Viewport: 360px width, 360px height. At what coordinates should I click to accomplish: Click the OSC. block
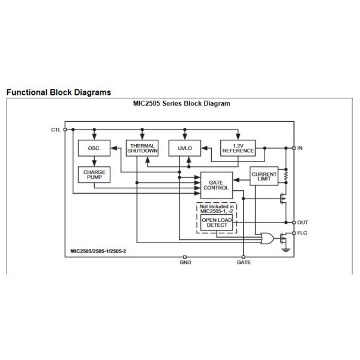[x=94, y=148]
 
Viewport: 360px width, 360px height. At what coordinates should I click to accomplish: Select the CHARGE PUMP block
[x=94, y=175]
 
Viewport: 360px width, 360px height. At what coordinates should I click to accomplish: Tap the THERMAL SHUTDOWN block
[x=142, y=148]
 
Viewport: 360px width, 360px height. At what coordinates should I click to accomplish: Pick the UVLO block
[x=185, y=148]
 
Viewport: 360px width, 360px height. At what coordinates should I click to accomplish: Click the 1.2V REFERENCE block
[x=238, y=148]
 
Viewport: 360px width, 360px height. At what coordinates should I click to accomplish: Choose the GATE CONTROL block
[x=217, y=185]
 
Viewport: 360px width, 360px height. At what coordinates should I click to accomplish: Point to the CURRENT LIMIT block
[x=264, y=176]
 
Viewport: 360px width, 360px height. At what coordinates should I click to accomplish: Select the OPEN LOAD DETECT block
[x=217, y=223]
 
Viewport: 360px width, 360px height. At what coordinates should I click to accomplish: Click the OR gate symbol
[x=267, y=239]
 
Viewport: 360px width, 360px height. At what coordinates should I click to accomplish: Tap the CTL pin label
[x=56, y=130]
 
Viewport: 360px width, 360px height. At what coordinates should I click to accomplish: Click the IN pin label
[x=300, y=148]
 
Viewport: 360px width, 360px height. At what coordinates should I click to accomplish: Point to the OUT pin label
[x=302, y=223]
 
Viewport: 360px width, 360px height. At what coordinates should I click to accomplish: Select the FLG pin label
[x=302, y=233]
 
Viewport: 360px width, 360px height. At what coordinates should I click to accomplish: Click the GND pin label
[x=185, y=262]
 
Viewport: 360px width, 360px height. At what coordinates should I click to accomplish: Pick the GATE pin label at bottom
[x=244, y=262]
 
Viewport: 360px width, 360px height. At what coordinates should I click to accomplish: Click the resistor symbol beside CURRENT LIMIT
[x=286, y=176]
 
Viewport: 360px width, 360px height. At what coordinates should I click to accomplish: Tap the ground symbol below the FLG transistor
[x=286, y=250]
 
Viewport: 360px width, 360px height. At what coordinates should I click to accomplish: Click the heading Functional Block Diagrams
[x=59, y=92]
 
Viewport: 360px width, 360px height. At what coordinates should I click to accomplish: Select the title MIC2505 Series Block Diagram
[x=182, y=104]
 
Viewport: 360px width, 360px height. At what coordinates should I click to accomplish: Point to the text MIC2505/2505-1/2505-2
[x=98, y=251]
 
